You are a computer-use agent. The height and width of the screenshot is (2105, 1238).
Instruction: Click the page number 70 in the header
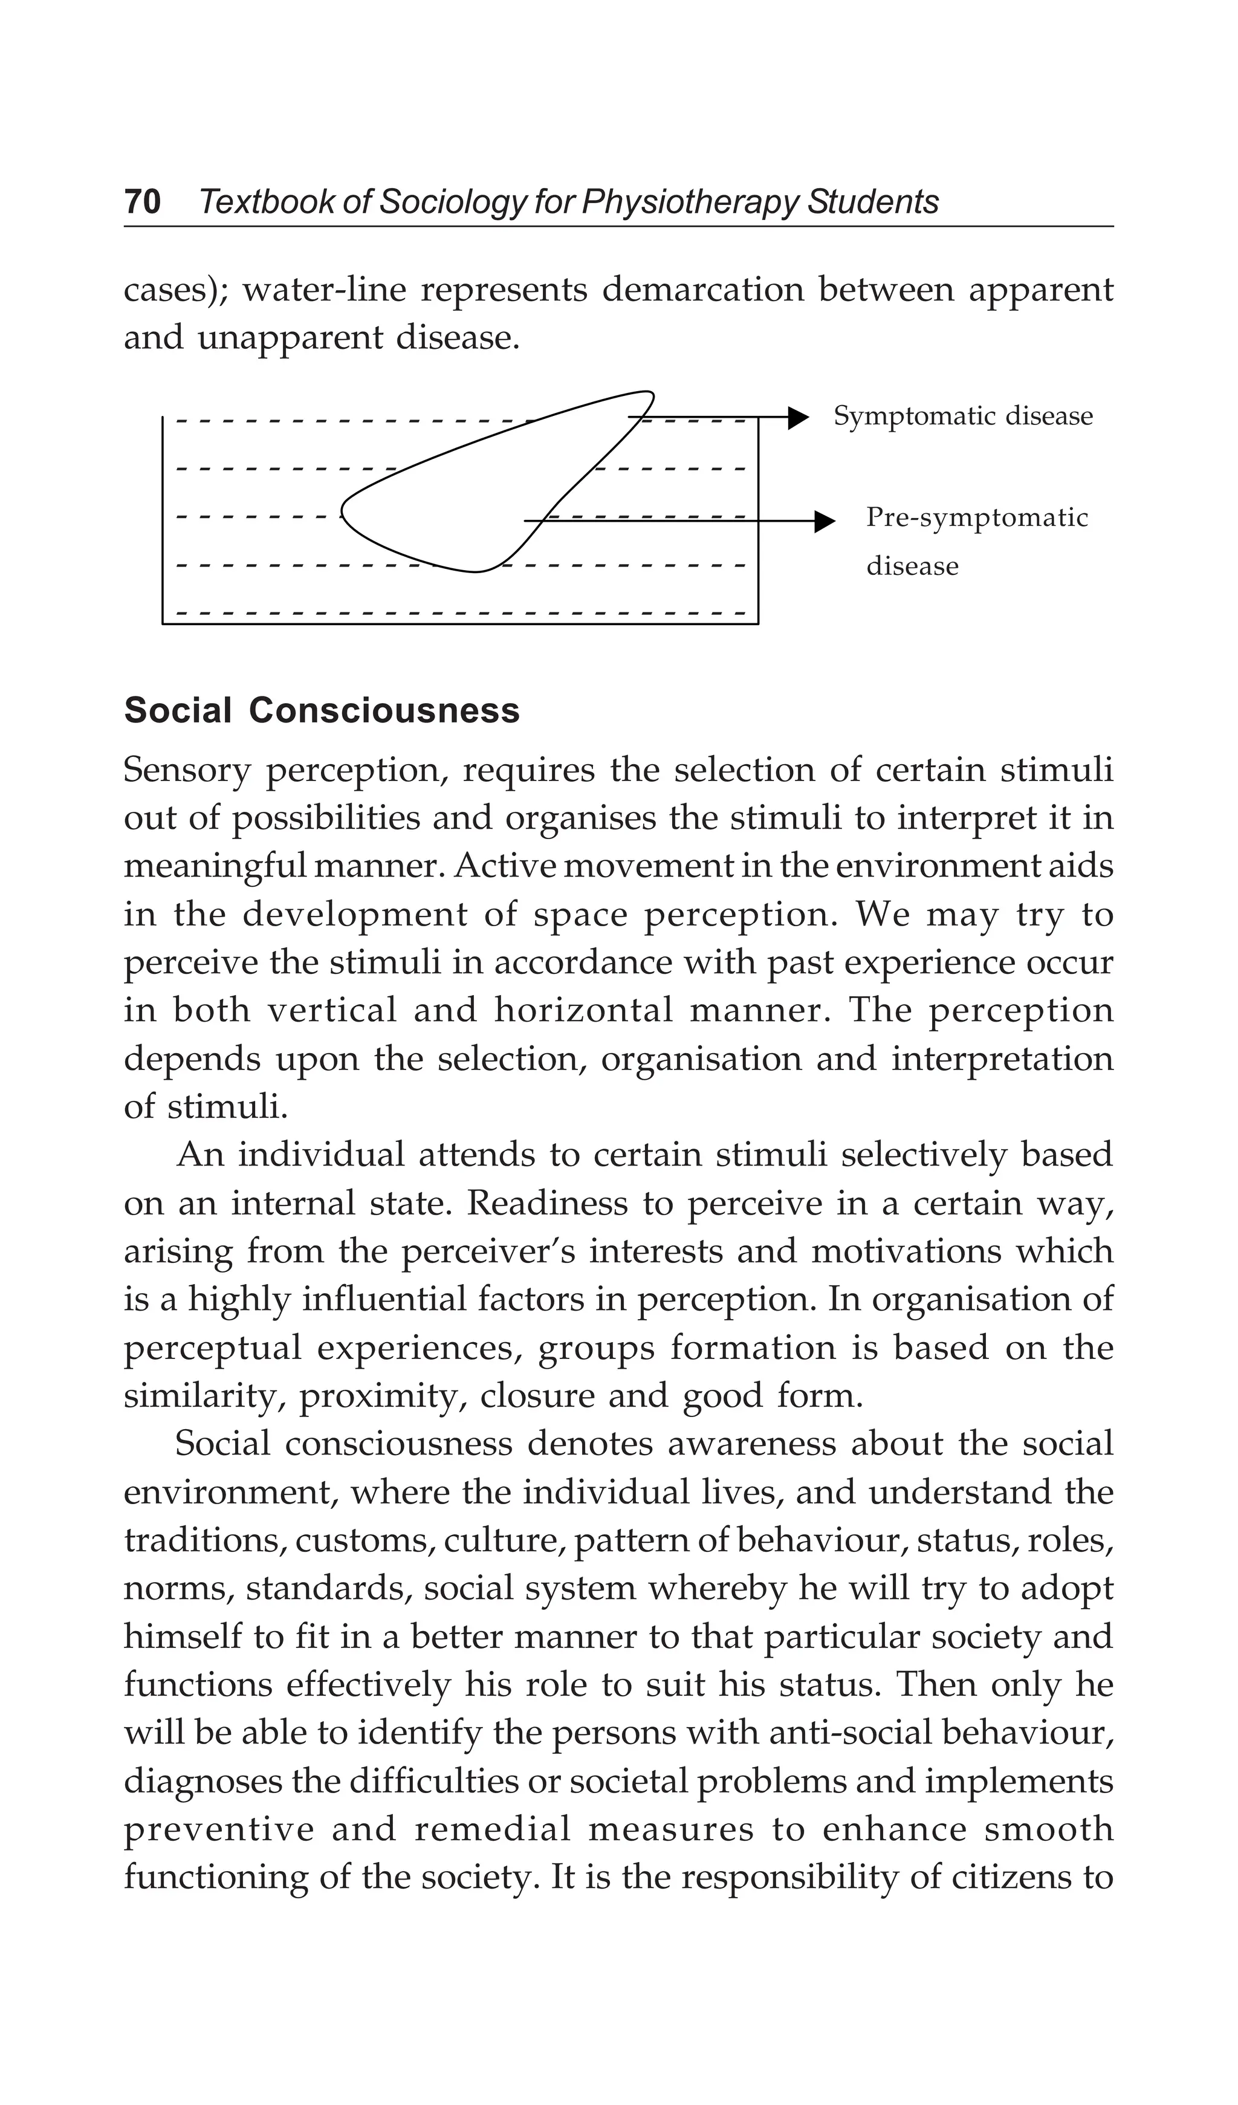coord(142,202)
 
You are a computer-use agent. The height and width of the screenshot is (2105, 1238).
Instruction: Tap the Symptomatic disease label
coord(962,416)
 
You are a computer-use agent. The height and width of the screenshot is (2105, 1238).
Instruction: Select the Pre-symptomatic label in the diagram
coord(976,518)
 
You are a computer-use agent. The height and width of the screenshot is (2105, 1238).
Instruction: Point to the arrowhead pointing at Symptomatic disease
coord(799,417)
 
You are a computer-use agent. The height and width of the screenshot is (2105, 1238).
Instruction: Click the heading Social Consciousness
coord(322,711)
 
